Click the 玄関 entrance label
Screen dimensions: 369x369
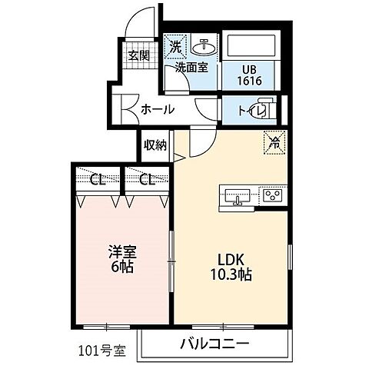pos(139,55)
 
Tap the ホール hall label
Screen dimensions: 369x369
pos(158,109)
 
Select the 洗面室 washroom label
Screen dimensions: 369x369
pos(191,67)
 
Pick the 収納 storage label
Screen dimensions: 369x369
pos(155,145)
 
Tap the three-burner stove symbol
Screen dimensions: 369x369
pos(272,195)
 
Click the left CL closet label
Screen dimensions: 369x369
pos(97,181)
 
